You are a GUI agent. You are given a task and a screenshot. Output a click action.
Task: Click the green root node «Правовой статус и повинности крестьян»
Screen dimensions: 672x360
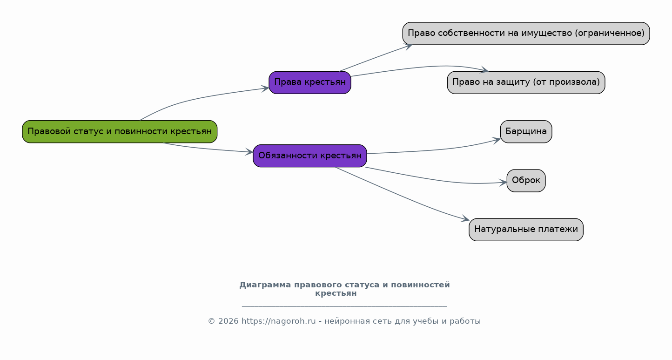(x=120, y=131)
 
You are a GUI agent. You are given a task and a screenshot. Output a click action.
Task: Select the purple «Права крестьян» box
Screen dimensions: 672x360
(x=310, y=82)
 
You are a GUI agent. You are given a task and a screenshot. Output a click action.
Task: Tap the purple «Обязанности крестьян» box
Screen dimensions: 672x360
(x=310, y=156)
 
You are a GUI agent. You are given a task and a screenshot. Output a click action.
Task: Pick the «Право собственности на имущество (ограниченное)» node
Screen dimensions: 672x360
(x=526, y=34)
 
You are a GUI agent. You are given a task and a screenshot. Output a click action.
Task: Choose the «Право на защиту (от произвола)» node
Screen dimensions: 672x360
(x=526, y=82)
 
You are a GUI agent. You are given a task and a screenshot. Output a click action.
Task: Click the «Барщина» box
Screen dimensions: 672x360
(x=526, y=131)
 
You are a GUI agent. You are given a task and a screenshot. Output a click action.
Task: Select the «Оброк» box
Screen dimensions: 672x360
(x=526, y=180)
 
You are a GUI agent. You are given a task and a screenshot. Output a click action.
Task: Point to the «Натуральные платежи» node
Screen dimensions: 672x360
(x=526, y=230)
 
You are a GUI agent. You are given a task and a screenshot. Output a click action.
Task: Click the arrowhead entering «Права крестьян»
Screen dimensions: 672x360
(x=265, y=88)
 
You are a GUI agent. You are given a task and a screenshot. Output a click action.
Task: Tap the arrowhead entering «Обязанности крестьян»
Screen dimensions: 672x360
(x=249, y=152)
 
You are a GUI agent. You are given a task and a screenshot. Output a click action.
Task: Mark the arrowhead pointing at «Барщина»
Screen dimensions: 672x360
(x=497, y=140)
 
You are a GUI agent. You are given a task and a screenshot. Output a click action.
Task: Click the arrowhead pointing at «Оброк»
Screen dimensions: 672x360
(x=503, y=183)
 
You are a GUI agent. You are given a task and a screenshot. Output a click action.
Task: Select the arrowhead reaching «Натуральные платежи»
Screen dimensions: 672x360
(x=465, y=219)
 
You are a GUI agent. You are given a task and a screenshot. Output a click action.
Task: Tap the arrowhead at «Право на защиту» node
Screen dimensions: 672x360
(x=484, y=69)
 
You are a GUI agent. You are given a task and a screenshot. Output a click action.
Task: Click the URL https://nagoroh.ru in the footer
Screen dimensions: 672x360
(x=278, y=321)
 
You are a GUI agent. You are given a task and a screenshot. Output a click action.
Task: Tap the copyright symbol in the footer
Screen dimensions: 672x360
(x=211, y=321)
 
